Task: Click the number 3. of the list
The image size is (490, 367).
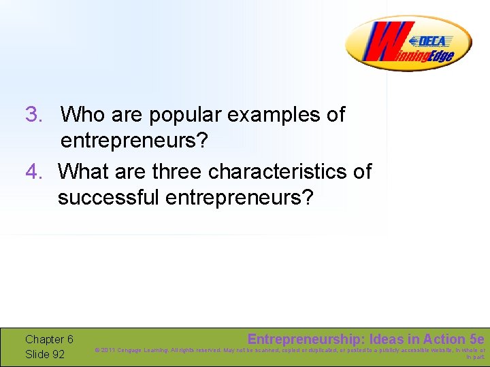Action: (34, 115)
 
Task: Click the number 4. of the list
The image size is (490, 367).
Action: (34, 172)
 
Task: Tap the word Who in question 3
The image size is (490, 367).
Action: (82, 115)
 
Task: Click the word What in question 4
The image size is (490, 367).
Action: (83, 172)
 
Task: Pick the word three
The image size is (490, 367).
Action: (178, 172)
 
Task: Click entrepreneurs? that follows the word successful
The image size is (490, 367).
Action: (240, 199)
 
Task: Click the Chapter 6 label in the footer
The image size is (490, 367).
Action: (49, 339)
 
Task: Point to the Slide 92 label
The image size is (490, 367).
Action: (45, 354)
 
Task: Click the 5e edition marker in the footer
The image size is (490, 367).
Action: (477, 339)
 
